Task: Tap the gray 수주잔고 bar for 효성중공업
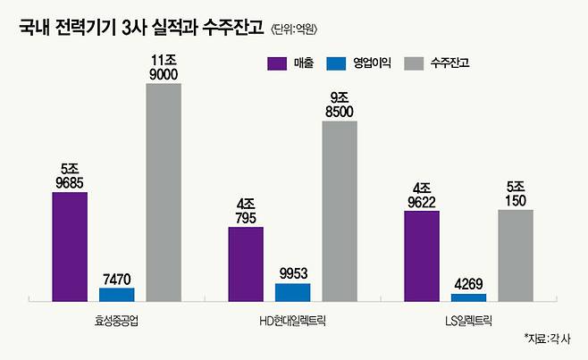coord(164,191)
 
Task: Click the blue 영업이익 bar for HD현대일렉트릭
coord(292,291)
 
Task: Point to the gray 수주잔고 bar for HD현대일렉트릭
coord(340,210)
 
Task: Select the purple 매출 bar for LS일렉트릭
coord(422,255)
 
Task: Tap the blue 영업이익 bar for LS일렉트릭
coord(468,296)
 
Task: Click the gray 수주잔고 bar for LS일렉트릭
coord(516,254)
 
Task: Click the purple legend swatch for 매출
coord(276,63)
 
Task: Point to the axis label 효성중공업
coord(116,318)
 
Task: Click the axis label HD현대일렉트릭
coord(292,318)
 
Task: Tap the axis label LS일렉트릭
coord(468,318)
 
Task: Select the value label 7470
coord(116,280)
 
